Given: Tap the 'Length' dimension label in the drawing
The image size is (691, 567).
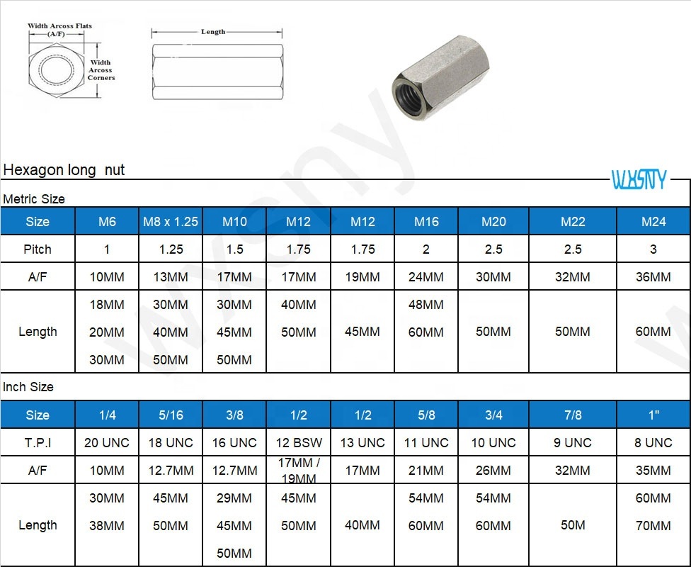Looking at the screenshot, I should [x=213, y=32].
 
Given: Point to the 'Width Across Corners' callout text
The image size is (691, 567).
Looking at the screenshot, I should [x=101, y=70].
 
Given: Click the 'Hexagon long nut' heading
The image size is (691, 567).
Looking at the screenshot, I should [x=64, y=170].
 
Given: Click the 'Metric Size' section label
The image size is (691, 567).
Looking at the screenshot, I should [x=34, y=199].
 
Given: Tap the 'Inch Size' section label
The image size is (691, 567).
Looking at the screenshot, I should [x=28, y=387].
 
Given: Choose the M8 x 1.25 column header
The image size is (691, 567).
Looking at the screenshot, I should [x=171, y=221].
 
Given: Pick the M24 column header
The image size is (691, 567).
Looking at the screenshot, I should [x=653, y=221].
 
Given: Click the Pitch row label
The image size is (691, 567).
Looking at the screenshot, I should [x=38, y=249].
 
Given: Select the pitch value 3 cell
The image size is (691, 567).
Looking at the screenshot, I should [x=653, y=249].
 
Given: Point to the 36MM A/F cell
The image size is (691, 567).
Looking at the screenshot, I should [x=653, y=277].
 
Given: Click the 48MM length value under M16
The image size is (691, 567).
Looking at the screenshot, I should [x=426, y=305].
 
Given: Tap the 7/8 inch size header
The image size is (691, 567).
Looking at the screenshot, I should [x=573, y=415].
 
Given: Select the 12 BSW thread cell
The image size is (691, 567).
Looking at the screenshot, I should [x=299, y=442].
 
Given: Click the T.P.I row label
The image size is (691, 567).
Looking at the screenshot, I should [x=38, y=442].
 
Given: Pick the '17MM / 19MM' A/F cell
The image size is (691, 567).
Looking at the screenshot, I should [x=299, y=471].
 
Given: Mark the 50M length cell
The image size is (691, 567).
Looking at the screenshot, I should [x=573, y=525].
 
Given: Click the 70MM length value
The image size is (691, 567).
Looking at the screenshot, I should [x=653, y=526].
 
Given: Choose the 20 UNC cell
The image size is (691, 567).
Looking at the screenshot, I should [x=107, y=442].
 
